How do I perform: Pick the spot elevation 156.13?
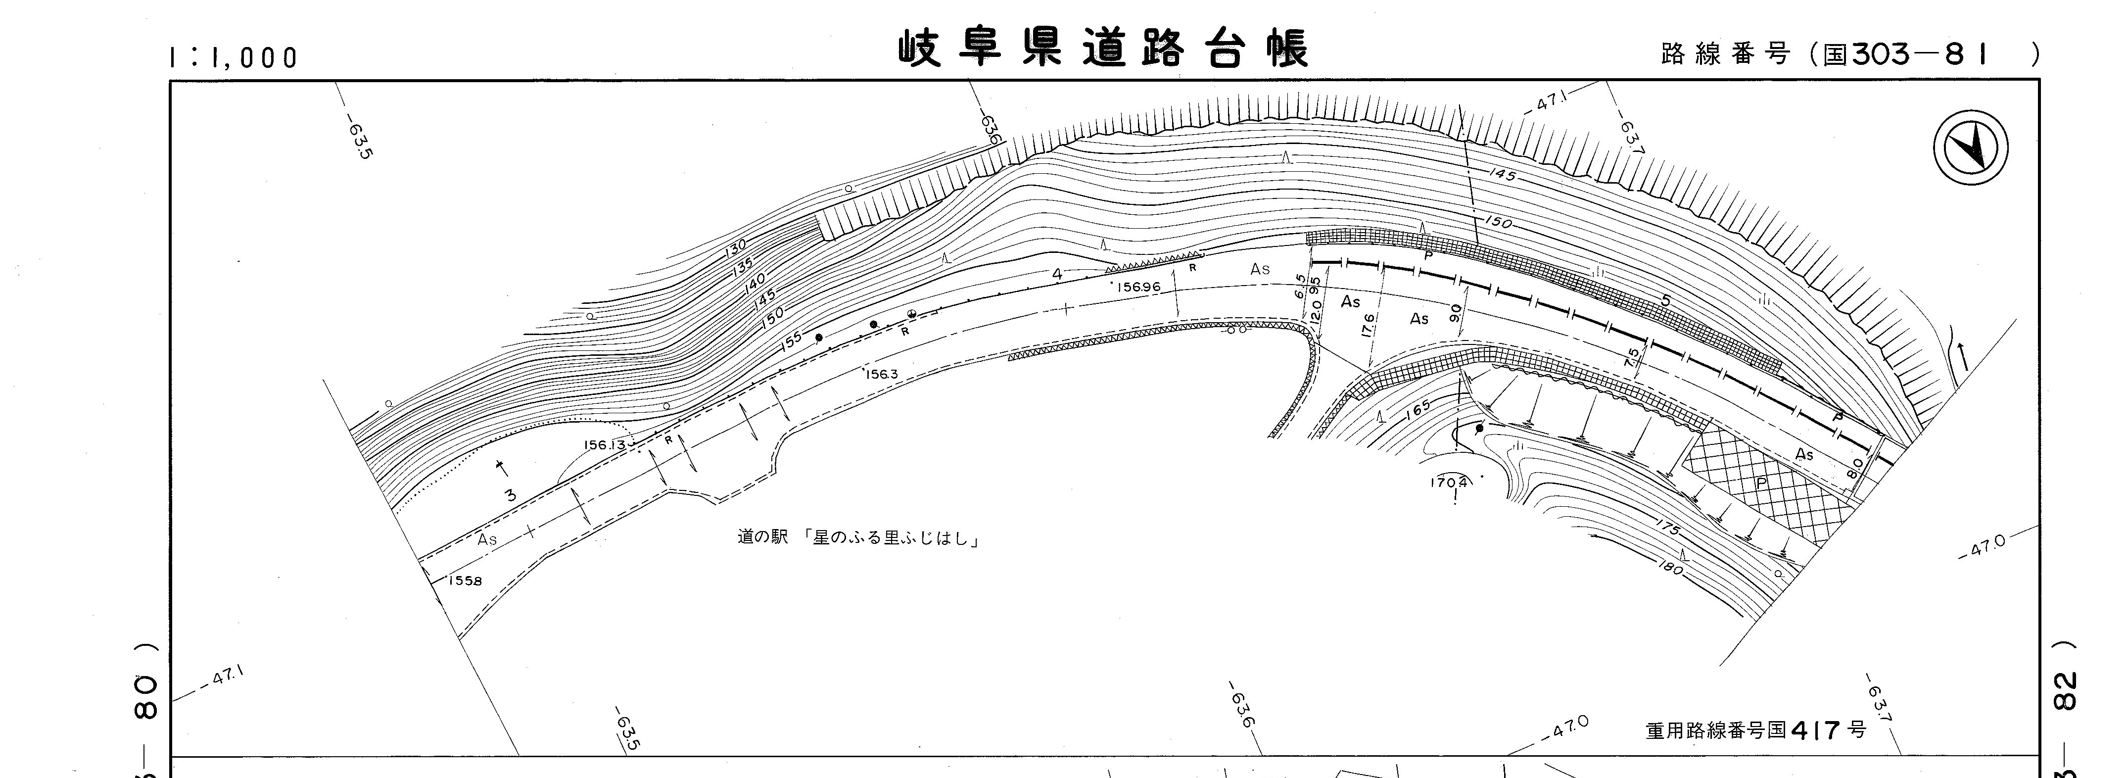pyautogui.click(x=605, y=444)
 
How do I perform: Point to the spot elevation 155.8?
pyautogui.click(x=465, y=581)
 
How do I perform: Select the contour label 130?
pyautogui.click(x=735, y=246)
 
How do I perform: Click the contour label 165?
pyautogui.click(x=1417, y=408)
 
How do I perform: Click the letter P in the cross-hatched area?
pyautogui.click(x=1761, y=483)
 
